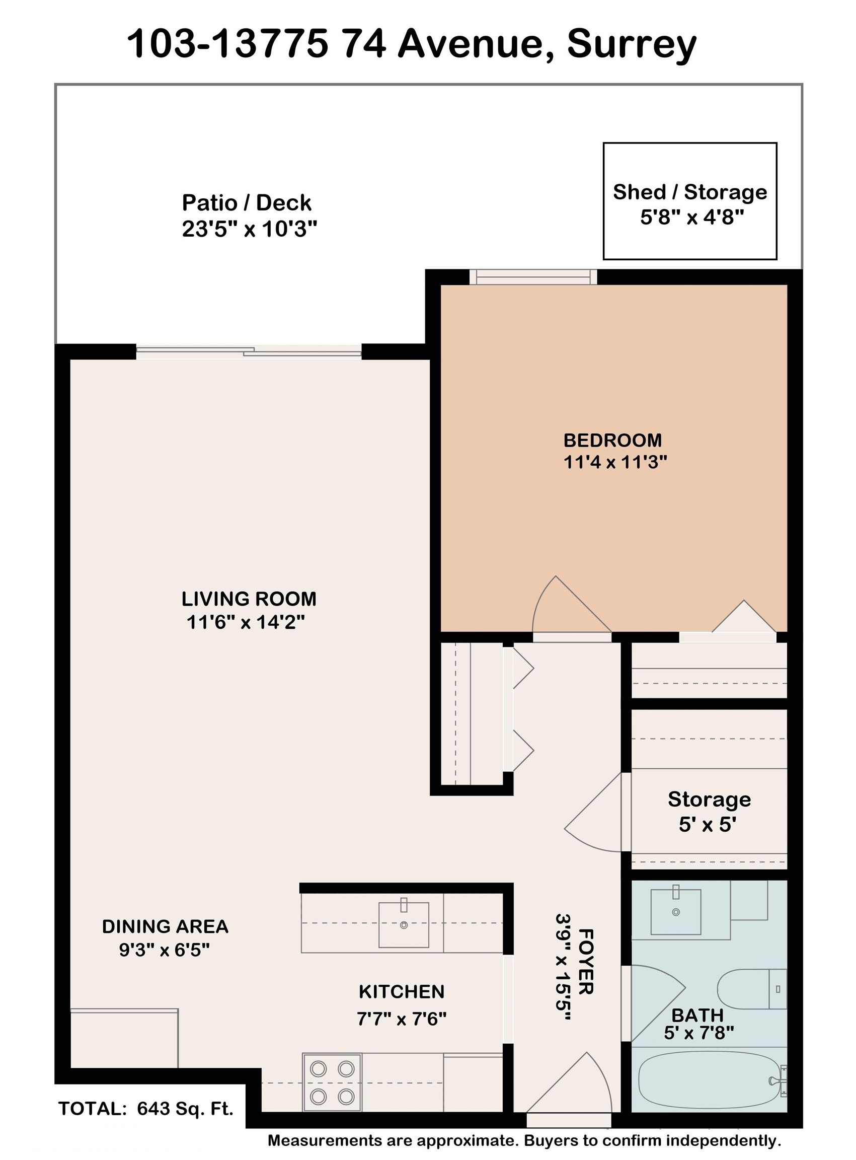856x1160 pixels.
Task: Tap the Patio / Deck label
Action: [247, 203]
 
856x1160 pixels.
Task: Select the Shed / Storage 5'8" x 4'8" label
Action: [690, 204]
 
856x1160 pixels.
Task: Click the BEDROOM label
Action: [612, 440]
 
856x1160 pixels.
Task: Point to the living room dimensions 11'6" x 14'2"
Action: [246, 621]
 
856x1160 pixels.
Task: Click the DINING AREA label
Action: [165, 926]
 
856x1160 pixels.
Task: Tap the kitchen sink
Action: [404, 925]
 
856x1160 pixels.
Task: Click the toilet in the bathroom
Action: [752, 989]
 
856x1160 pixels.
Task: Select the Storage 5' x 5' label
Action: [709, 811]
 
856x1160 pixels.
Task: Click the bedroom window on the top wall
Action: [533, 277]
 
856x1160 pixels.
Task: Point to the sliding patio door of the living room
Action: [249, 352]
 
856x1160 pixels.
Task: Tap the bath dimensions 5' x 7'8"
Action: [699, 1033]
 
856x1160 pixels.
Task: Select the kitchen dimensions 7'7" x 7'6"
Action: [402, 1019]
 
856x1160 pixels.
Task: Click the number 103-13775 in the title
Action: [227, 44]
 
